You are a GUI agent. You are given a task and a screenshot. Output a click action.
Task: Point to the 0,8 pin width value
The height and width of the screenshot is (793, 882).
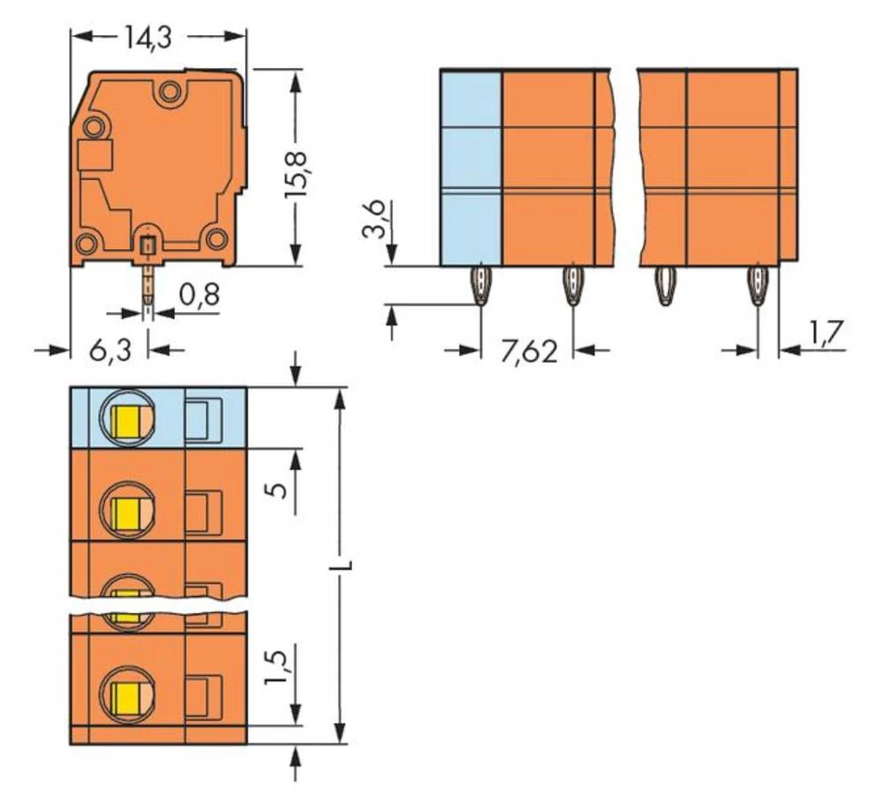(199, 296)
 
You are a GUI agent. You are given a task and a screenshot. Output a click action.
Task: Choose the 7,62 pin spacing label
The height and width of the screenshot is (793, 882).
(528, 352)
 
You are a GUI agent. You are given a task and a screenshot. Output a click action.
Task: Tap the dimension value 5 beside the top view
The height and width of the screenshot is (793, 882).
(278, 490)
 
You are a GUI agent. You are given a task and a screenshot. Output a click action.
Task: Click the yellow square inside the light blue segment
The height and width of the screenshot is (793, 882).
(129, 416)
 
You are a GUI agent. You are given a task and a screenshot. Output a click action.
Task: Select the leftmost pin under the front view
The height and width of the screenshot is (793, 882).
(480, 284)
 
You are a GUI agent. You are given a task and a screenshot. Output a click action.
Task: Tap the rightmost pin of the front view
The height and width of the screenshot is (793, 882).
(757, 284)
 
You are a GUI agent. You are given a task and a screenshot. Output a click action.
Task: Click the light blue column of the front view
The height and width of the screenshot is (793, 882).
(471, 168)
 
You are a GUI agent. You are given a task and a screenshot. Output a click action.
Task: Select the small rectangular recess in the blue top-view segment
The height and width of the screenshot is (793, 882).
(202, 418)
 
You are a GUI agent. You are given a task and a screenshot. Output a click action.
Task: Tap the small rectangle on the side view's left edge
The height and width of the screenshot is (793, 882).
(95, 158)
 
